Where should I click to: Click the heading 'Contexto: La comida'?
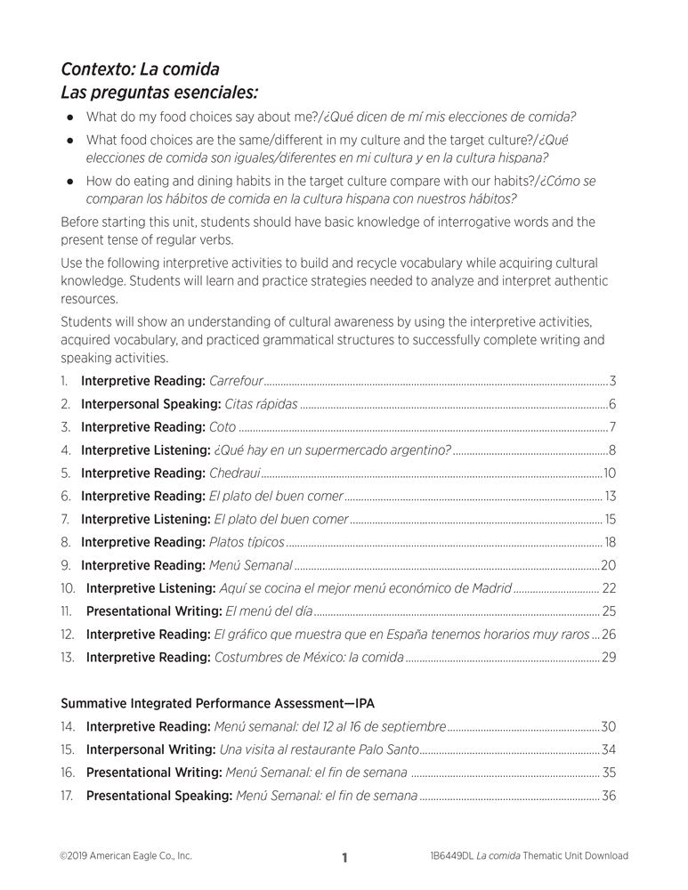pos(140,69)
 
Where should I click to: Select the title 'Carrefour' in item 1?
pos(236,381)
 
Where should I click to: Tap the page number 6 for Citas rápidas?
pos(613,404)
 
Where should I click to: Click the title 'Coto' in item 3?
pos(223,426)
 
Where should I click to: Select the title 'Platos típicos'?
pos(247,541)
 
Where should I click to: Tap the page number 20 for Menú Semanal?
pos(609,564)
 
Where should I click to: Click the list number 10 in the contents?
pos(69,587)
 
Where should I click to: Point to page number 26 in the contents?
pos(610,634)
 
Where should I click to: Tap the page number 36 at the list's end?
pos(609,795)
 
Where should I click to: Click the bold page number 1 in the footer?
pos(344,858)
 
